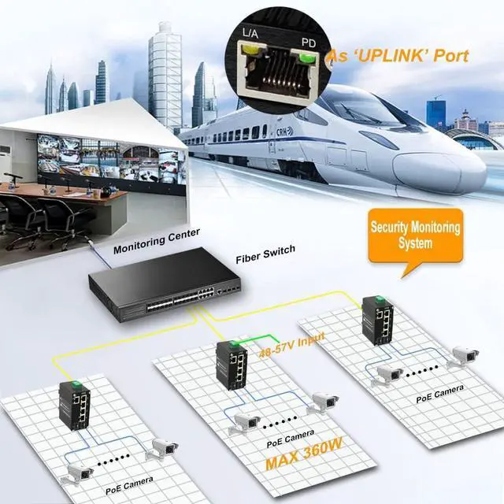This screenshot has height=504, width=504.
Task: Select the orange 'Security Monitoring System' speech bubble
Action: [x=416, y=235]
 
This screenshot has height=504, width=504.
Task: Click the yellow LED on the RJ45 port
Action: [x=253, y=52]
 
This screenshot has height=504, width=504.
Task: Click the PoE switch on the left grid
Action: [x=72, y=405]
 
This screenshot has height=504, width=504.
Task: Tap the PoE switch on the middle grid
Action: [x=232, y=368]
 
